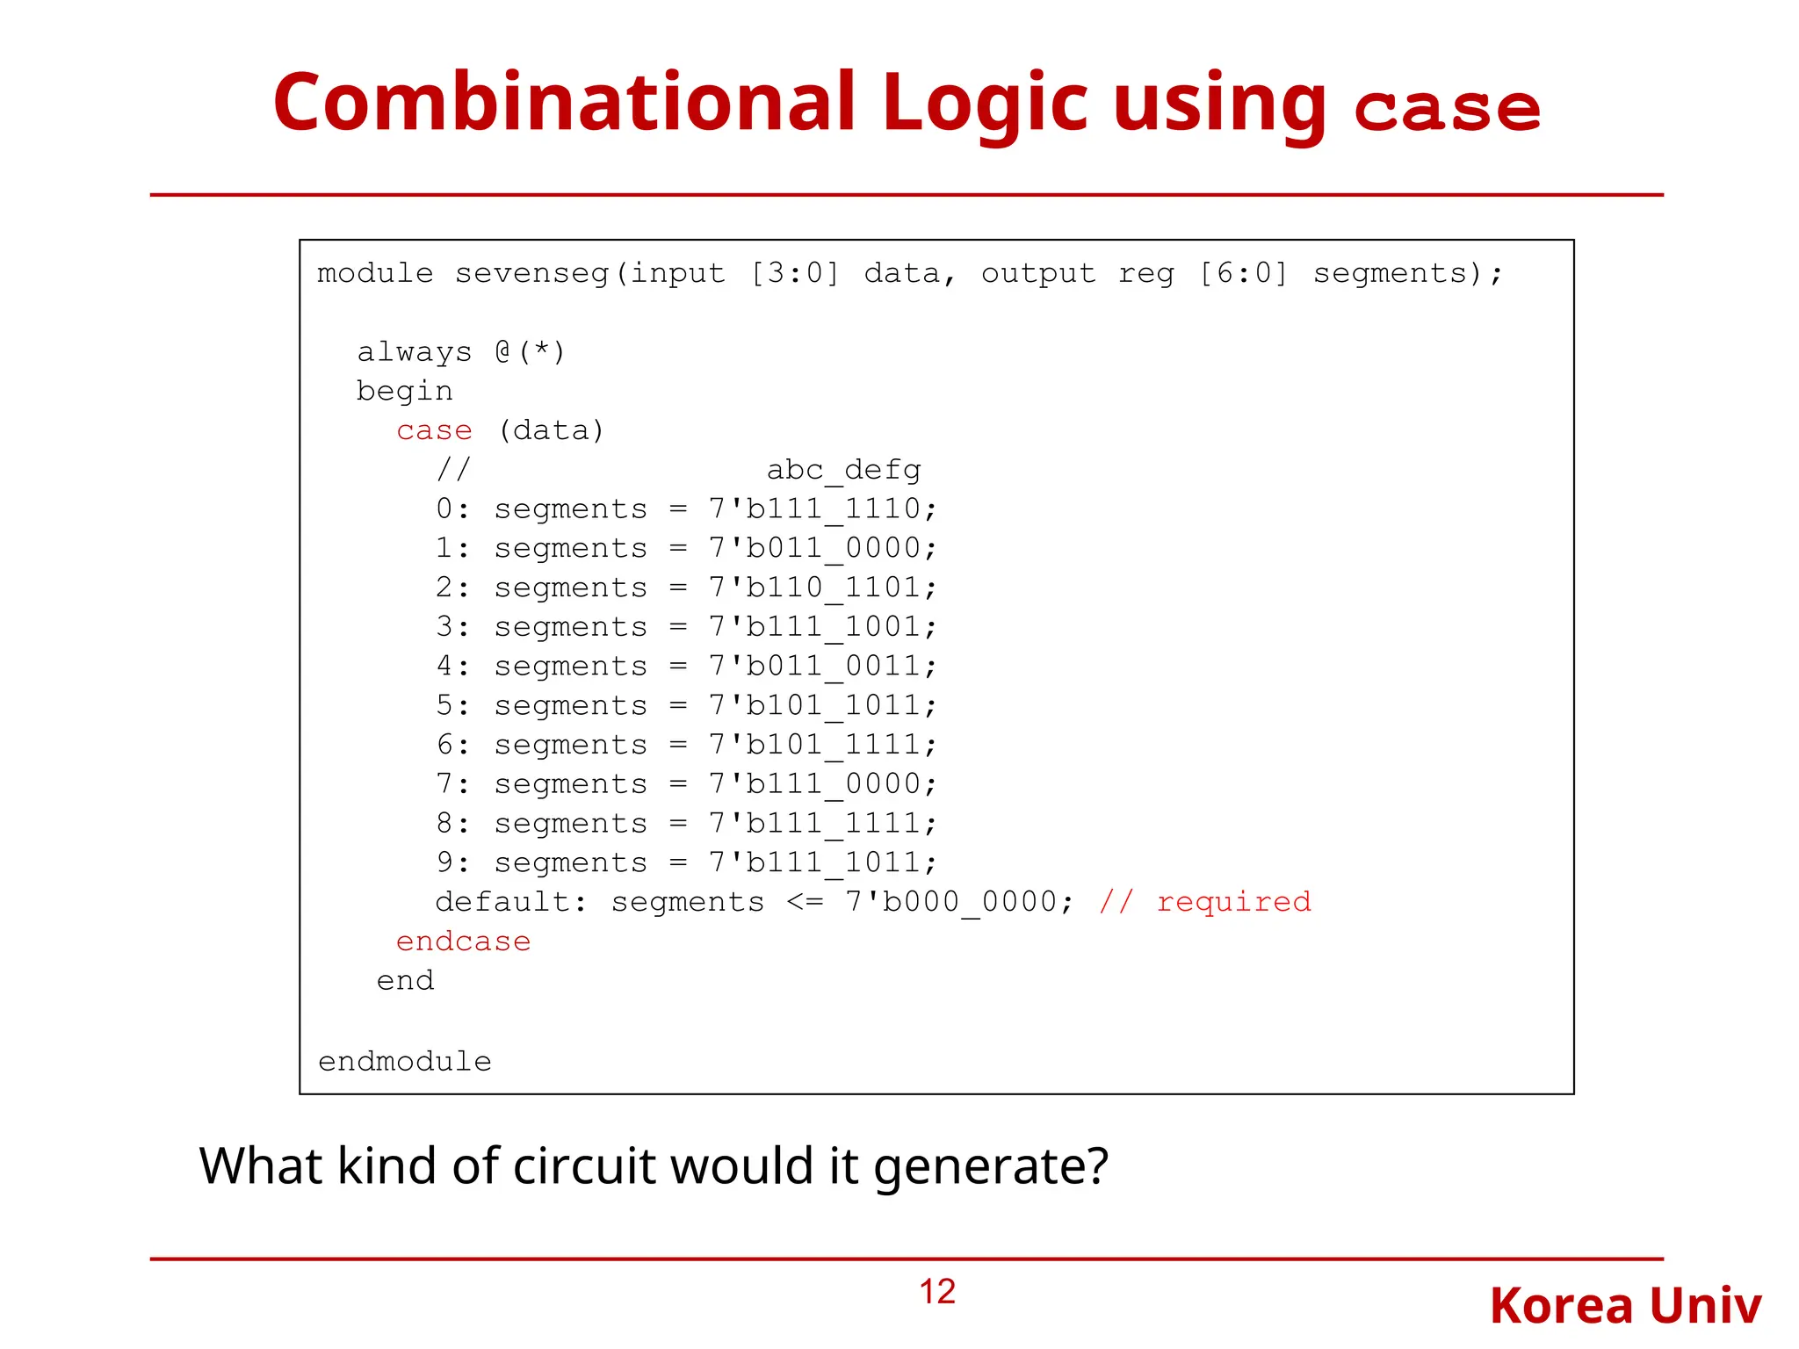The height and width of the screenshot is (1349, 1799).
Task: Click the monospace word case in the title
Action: pyautogui.click(x=1447, y=110)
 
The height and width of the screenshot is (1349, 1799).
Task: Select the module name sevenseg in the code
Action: pyautogui.click(x=531, y=274)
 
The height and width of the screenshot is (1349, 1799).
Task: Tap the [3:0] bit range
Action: pyautogui.click(x=795, y=274)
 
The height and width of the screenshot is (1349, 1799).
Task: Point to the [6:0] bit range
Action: pyautogui.click(x=1243, y=274)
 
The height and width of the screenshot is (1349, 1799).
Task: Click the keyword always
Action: pyautogui.click(x=415, y=352)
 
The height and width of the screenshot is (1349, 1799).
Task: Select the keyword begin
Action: pyautogui.click(x=405, y=392)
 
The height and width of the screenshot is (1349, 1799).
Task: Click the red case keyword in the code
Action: pyautogui.click(x=434, y=431)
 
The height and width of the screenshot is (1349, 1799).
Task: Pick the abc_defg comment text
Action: pyautogui.click(x=843, y=471)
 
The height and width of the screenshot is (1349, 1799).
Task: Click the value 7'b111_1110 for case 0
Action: pyautogui.click(x=823, y=509)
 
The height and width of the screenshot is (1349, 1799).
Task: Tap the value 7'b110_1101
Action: pyautogui.click(x=823, y=588)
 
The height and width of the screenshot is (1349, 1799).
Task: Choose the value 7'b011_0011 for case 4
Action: pyautogui.click(x=823, y=667)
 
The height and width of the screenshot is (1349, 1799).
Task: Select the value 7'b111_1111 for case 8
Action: pyautogui.click(x=823, y=824)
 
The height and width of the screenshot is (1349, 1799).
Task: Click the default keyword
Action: pyautogui.click(x=510, y=902)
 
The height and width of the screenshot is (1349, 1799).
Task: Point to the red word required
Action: pyautogui.click(x=1233, y=902)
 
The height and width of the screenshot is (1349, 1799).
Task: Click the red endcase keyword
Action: pyautogui.click(x=463, y=941)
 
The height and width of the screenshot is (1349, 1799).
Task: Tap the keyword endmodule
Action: pyautogui.click(x=405, y=1062)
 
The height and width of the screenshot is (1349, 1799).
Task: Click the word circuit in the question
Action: pyautogui.click(x=585, y=1166)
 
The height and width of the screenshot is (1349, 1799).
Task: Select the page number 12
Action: pyautogui.click(x=937, y=1292)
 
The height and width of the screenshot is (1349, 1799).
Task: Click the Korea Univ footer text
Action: pyautogui.click(x=1625, y=1306)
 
